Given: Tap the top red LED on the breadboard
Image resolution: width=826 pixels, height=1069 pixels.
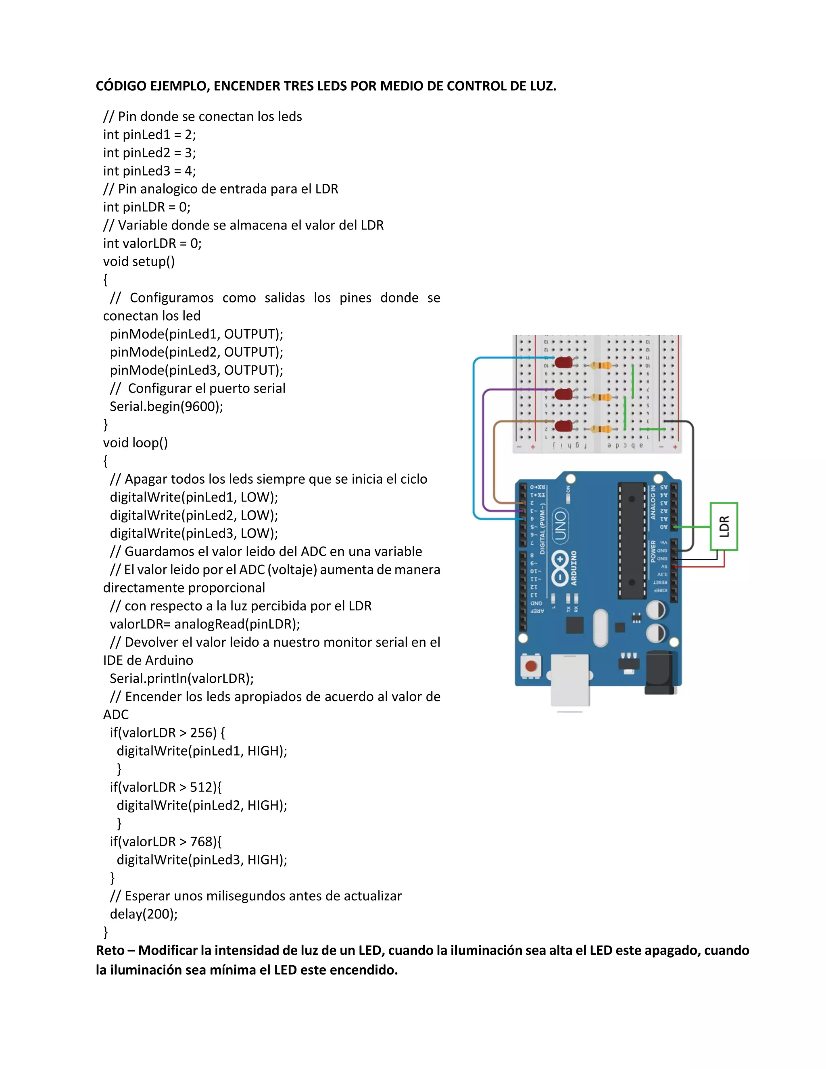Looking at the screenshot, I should point(563,363).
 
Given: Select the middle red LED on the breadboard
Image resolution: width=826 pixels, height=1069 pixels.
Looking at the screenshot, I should point(563,395).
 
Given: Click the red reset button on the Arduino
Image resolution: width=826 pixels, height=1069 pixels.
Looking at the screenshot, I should point(531,666).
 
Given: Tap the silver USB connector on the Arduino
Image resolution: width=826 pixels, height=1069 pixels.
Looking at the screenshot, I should point(570,681).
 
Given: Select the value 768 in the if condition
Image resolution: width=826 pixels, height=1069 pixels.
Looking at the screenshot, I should point(201,841).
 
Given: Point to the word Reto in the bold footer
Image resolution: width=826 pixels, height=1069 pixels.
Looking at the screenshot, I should point(110,950).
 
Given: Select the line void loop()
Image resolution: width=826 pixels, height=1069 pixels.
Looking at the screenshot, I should point(135,443).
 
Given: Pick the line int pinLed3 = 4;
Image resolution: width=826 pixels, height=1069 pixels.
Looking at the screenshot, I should point(149,171).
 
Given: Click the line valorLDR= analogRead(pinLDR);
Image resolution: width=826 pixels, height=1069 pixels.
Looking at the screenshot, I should point(204,624).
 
